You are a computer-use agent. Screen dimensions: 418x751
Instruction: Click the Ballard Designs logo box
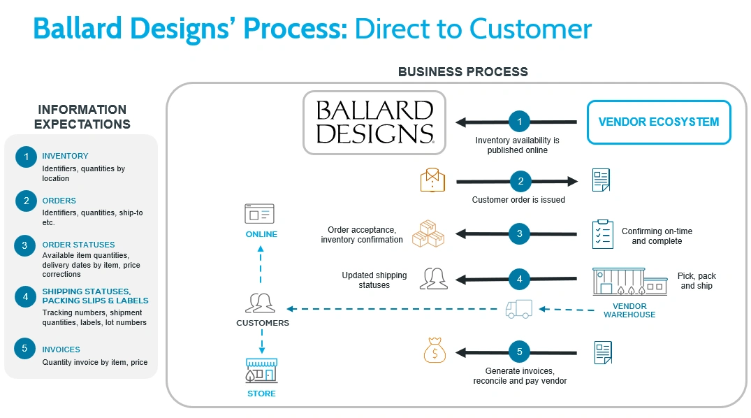(x=374, y=122)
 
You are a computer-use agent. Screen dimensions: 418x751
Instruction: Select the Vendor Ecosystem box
(x=658, y=122)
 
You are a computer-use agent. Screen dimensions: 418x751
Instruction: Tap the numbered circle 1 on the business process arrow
(x=519, y=122)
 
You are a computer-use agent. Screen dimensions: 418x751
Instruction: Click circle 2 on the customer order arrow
(x=519, y=182)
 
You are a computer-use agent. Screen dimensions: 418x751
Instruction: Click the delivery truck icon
(x=519, y=309)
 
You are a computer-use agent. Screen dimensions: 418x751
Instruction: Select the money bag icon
(x=435, y=350)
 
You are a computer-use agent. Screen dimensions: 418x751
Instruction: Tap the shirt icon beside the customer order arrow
(x=432, y=180)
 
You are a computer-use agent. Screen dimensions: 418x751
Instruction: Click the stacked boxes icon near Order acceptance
(x=428, y=234)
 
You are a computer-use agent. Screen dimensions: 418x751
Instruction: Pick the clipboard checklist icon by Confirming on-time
(x=602, y=234)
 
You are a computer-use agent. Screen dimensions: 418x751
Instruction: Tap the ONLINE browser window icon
(x=259, y=214)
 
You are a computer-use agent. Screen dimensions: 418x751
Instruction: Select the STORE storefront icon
(x=261, y=371)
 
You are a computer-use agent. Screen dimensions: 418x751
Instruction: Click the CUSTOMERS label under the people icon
(x=263, y=323)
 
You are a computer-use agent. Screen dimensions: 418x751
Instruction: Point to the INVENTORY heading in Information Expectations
(x=65, y=156)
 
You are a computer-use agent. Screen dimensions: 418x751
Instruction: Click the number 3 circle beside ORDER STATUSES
(x=25, y=245)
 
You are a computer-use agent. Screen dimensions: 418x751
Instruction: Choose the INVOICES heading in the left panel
(x=61, y=349)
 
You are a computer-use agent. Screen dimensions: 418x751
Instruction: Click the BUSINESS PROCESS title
(x=462, y=72)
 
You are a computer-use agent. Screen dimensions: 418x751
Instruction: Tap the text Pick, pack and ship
(x=697, y=281)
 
